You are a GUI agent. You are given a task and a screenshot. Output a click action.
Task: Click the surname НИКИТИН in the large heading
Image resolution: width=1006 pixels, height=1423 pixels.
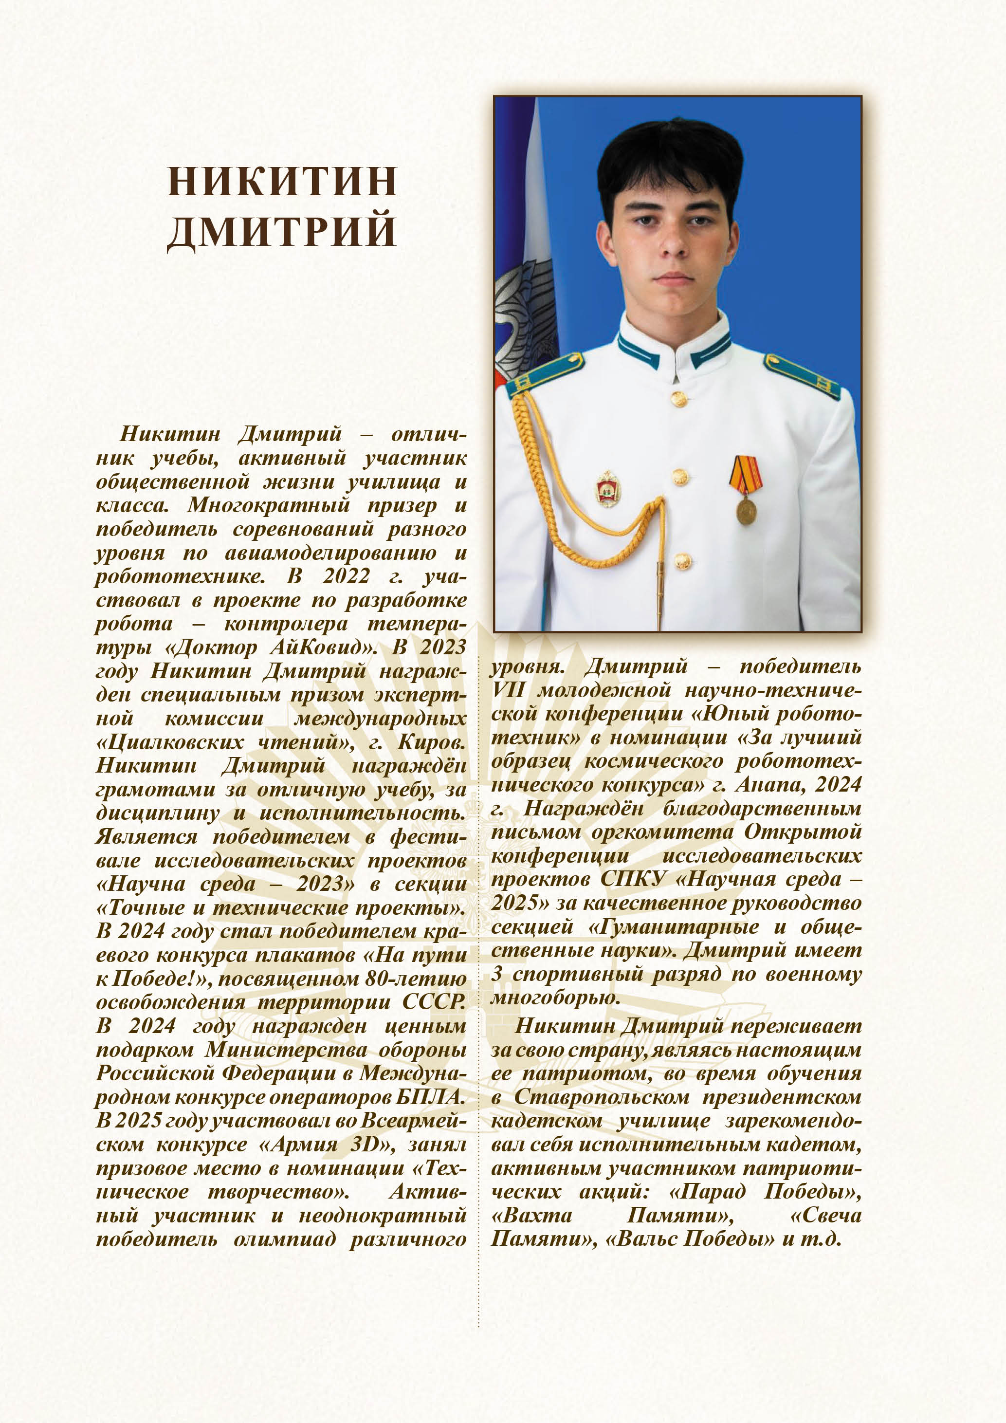tap(282, 182)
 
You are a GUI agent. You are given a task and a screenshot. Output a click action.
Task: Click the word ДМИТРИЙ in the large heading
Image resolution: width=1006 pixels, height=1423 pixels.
tap(282, 231)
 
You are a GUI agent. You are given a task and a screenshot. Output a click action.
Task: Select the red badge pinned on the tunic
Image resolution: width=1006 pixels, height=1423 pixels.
tap(608, 489)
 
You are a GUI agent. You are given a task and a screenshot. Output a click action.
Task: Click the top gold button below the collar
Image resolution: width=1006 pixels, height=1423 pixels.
tap(679, 399)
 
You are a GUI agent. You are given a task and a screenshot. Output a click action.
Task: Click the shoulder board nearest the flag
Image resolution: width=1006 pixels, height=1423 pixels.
tap(545, 374)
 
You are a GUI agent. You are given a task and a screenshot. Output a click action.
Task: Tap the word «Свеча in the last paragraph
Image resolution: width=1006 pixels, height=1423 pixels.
tap(825, 1216)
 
